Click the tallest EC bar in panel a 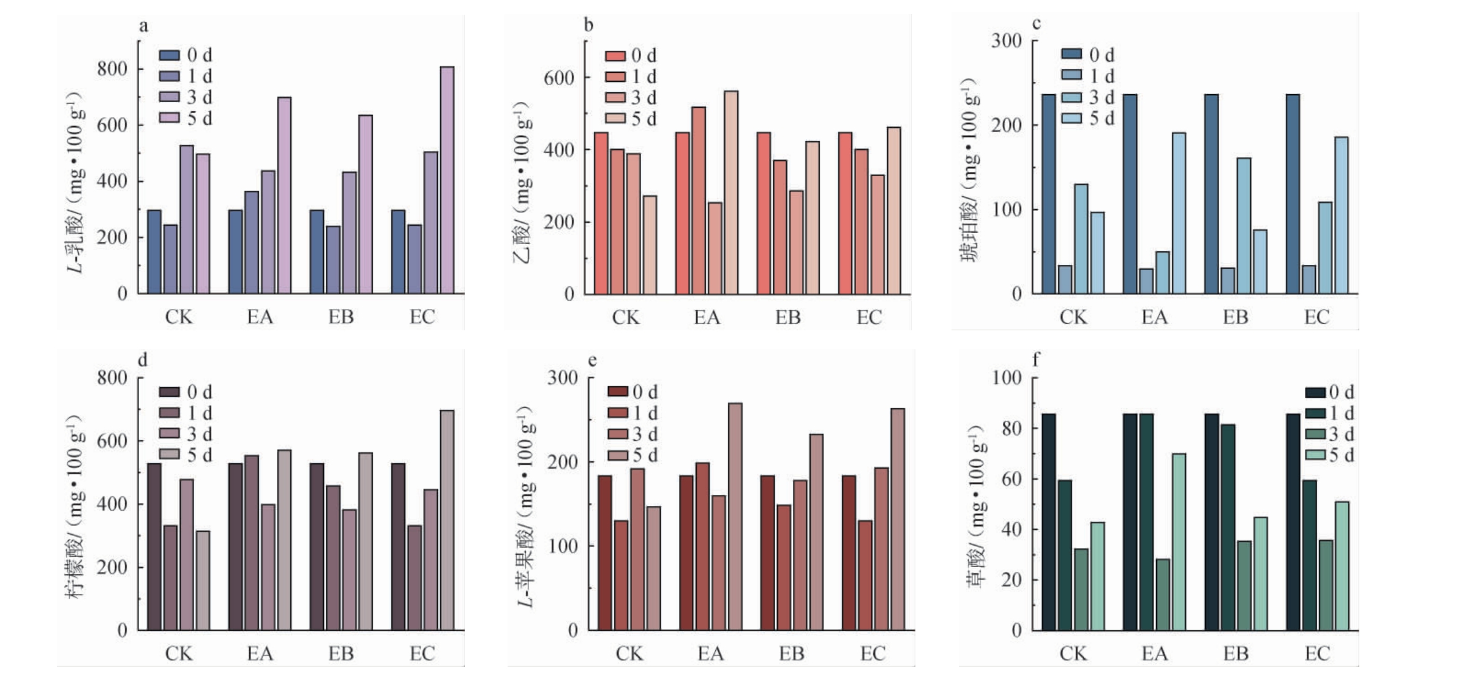[447, 180]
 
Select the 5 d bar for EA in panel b [730, 193]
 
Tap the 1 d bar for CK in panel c [1065, 280]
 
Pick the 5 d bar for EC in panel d [447, 520]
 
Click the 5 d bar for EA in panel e [735, 517]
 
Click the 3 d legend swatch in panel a [170, 97]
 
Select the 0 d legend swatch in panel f [1315, 392]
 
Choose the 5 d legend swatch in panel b [615, 119]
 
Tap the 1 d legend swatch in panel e [618, 414]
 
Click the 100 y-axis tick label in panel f [1007, 378]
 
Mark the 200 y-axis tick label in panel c [1007, 125]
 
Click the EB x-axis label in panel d [340, 654]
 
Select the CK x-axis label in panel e [629, 654]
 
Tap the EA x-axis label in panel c [1154, 318]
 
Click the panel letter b [588, 25]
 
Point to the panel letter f [1035, 360]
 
